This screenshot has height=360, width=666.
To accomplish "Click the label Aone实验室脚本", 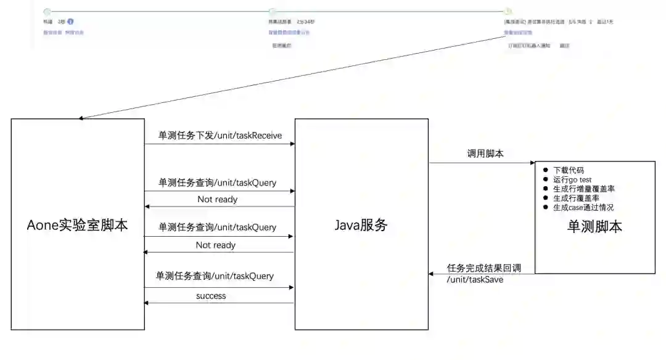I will (x=78, y=225).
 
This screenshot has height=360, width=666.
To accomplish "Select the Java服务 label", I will (x=361, y=225).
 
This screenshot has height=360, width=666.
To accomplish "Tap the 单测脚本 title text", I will (x=594, y=226).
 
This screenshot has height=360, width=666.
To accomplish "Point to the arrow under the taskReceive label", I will (x=220, y=144).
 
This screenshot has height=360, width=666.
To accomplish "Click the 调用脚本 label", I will (x=485, y=153).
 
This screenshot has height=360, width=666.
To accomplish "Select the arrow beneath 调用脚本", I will (x=482, y=163).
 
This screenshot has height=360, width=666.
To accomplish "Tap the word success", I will (x=211, y=296).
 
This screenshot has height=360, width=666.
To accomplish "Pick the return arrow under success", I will (x=220, y=303).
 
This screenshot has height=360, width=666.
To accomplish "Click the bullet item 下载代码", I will (x=568, y=170).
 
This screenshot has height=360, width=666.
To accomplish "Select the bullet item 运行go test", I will (x=572, y=179).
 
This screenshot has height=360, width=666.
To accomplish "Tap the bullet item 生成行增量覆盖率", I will (x=583, y=189).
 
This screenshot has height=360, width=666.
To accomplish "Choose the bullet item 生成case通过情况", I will (x=583, y=208).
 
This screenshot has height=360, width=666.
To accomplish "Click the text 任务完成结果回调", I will (x=484, y=268).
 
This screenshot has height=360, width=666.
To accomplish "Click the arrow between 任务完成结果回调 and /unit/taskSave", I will (x=482, y=273).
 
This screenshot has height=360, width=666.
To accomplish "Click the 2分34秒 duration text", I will (x=305, y=22).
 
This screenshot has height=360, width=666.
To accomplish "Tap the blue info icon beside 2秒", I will (x=70, y=22).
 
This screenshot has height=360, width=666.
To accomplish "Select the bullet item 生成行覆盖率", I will (x=575, y=198).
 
